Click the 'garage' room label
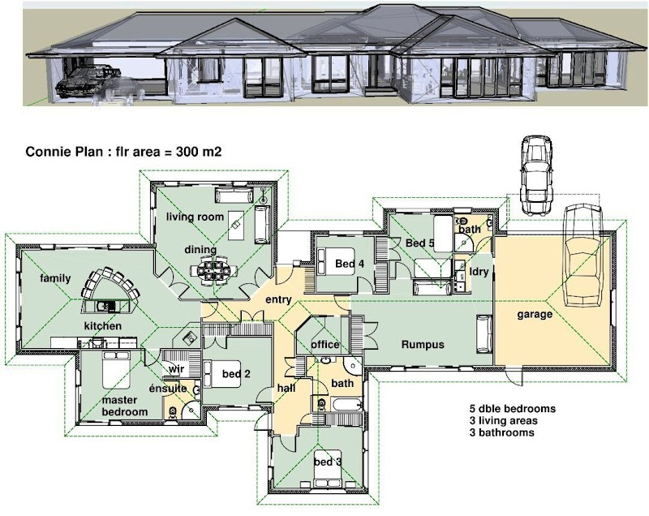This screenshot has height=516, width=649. [x=535, y=315]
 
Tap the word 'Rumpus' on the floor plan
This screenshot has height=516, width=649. [x=423, y=345]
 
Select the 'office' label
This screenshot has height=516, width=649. [x=325, y=345]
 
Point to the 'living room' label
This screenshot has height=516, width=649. [x=195, y=217]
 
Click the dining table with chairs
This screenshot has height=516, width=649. [x=214, y=271]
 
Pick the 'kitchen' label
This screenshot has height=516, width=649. [x=103, y=326]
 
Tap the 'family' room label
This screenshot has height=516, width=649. [x=55, y=278]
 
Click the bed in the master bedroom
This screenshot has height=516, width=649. [x=116, y=369]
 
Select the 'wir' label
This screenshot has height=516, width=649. [x=176, y=368]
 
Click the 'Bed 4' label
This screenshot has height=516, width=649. [x=350, y=264]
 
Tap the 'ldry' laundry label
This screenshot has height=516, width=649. [x=479, y=272]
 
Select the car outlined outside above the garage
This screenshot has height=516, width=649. [x=536, y=175]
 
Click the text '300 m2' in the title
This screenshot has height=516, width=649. [x=199, y=152]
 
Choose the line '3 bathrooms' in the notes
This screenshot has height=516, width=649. [x=501, y=432]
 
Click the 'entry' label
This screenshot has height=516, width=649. [x=278, y=299]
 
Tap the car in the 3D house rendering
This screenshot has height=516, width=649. [x=88, y=81]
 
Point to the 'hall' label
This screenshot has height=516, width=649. [x=286, y=388]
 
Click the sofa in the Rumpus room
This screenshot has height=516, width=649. [x=484, y=334]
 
